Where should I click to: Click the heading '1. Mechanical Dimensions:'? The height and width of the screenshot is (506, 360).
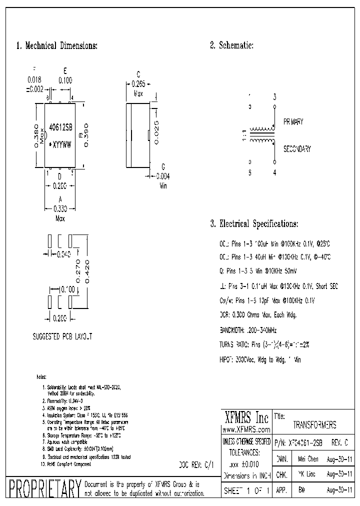tap(56, 46)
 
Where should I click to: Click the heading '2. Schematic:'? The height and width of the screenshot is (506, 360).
tap(231, 46)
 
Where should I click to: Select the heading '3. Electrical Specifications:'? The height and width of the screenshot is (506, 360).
tap(254, 223)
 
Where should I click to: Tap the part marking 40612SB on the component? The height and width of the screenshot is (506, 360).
tap(60, 128)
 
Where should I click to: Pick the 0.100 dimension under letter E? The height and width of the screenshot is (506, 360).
tap(65, 80)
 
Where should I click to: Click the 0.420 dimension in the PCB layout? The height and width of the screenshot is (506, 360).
tap(87, 272)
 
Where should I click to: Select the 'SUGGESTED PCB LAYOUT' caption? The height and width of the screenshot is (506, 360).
tap(62, 337)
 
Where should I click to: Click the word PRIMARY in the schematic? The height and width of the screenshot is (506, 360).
tap(293, 122)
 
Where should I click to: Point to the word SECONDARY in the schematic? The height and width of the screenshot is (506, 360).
tap(297, 149)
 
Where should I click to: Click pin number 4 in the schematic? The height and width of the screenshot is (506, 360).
tap(274, 173)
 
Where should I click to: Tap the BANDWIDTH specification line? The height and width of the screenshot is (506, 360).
tap(248, 330)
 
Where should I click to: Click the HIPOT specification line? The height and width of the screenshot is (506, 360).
tap(260, 359)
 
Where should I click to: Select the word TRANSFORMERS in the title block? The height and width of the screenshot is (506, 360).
tap(314, 425)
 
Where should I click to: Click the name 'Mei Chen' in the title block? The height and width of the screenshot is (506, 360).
tap(308, 458)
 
